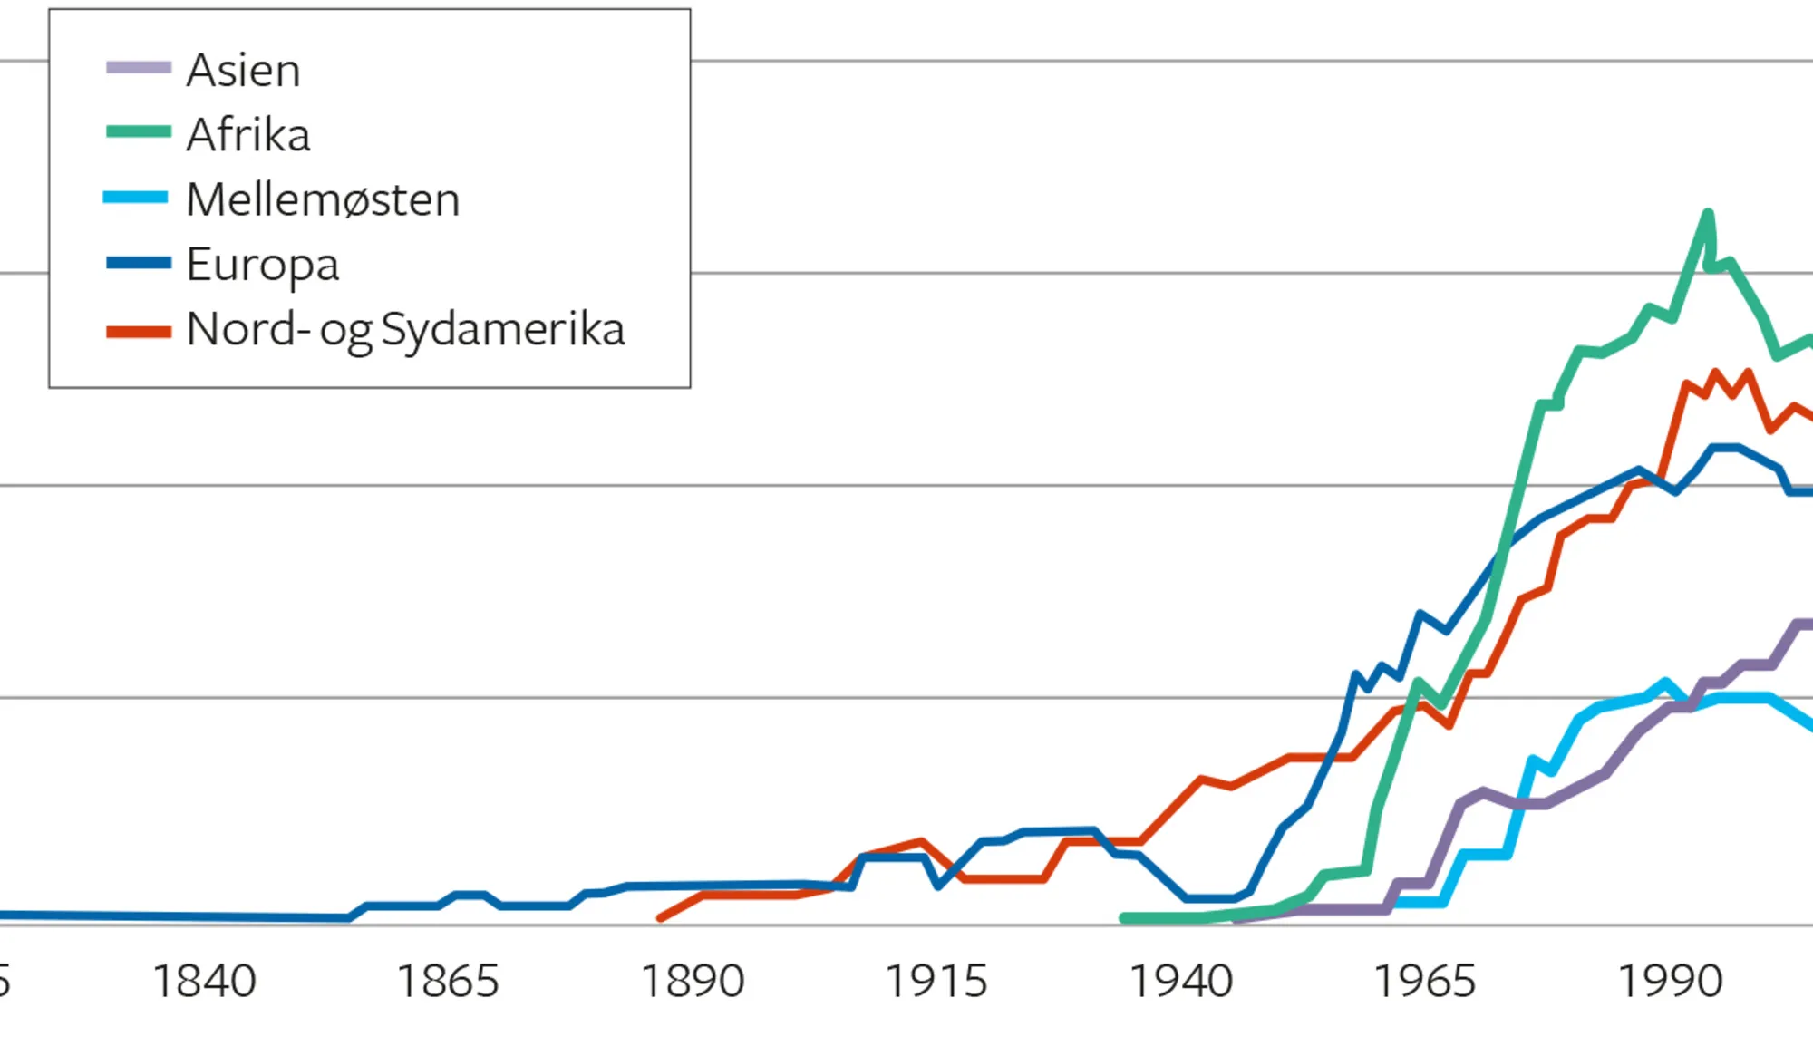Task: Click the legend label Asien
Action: [x=243, y=70]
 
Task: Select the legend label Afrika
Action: [x=248, y=135]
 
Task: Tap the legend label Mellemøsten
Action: [x=323, y=199]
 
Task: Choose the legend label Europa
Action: [x=263, y=265]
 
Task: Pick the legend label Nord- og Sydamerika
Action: [x=405, y=329]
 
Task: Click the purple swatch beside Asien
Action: [x=139, y=68]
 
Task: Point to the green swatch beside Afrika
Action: [x=139, y=132]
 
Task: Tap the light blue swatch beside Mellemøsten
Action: [x=136, y=198]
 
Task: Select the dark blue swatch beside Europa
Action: [x=139, y=263]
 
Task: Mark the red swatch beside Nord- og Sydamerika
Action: [x=139, y=331]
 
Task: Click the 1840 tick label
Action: [x=204, y=982]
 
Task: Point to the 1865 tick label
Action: [x=448, y=982]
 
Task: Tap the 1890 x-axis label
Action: [x=693, y=982]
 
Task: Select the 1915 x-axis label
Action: [x=936, y=982]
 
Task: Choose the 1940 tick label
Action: [x=1180, y=982]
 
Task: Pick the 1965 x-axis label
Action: [x=1425, y=982]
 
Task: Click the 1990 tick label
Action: [x=1670, y=982]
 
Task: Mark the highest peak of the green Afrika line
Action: [x=1708, y=214]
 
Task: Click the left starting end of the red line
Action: [x=660, y=918]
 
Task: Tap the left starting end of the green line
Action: [x=1124, y=918]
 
